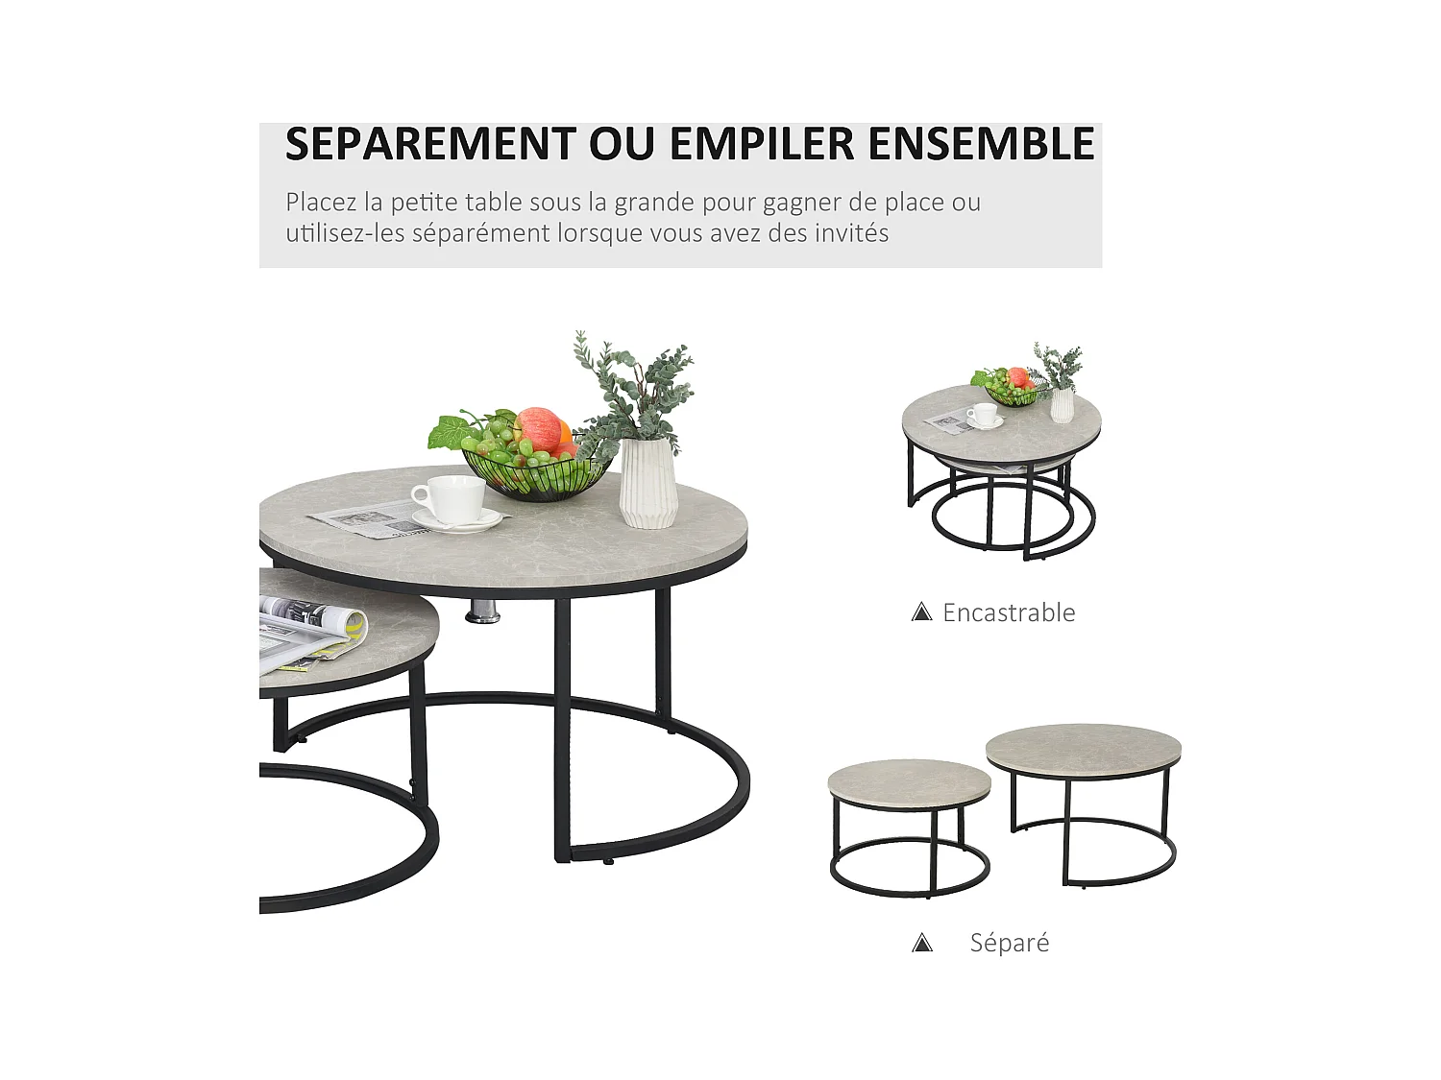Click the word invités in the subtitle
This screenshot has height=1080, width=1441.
point(849,233)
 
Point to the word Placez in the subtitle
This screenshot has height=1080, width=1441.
point(321,203)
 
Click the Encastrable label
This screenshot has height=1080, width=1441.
point(1009,612)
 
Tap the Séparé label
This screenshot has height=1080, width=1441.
point(1009,943)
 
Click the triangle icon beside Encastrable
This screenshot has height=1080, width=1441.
point(922,612)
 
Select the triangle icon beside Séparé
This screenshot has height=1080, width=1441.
point(922,944)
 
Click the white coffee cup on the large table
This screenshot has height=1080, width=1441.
point(449,498)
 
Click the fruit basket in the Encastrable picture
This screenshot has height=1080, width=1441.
point(1009,390)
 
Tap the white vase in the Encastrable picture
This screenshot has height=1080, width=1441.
point(1061,404)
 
